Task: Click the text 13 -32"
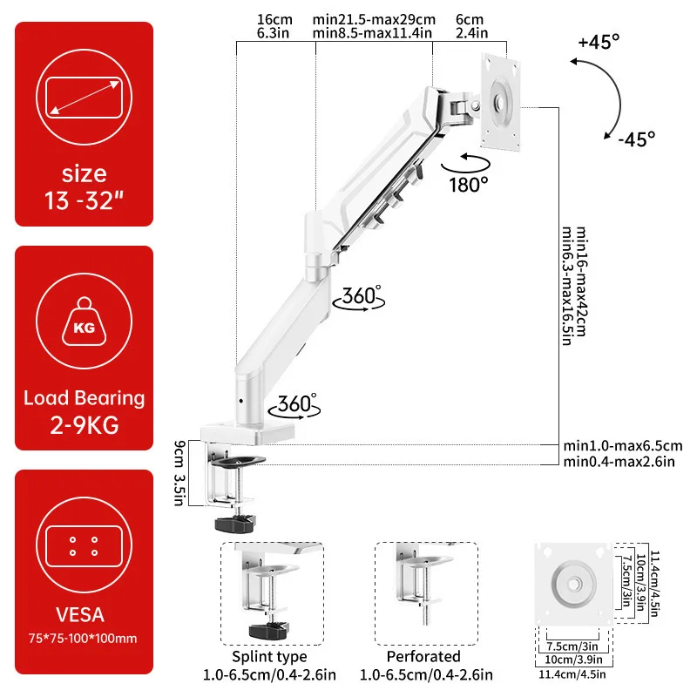[85, 200]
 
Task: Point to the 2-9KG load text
[85, 426]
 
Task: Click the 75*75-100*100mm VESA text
[85, 639]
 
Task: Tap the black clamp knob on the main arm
[234, 523]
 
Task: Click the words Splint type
[269, 656]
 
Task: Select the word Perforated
[423, 656]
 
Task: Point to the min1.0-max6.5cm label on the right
[622, 446]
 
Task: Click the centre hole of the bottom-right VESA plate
[573, 585]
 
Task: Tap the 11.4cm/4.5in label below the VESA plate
[573, 673]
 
